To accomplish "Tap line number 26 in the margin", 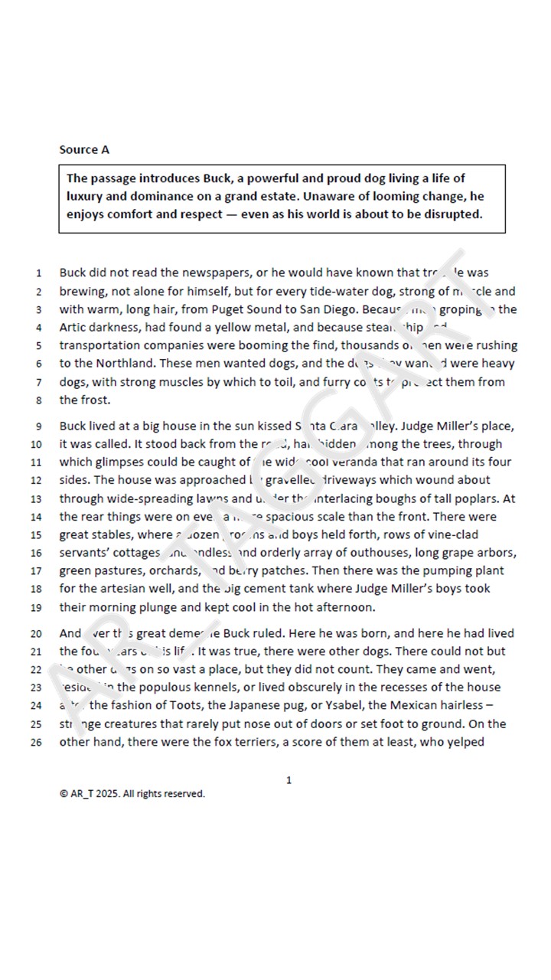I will [x=36, y=743].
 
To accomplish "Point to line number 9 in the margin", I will [x=38, y=426].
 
